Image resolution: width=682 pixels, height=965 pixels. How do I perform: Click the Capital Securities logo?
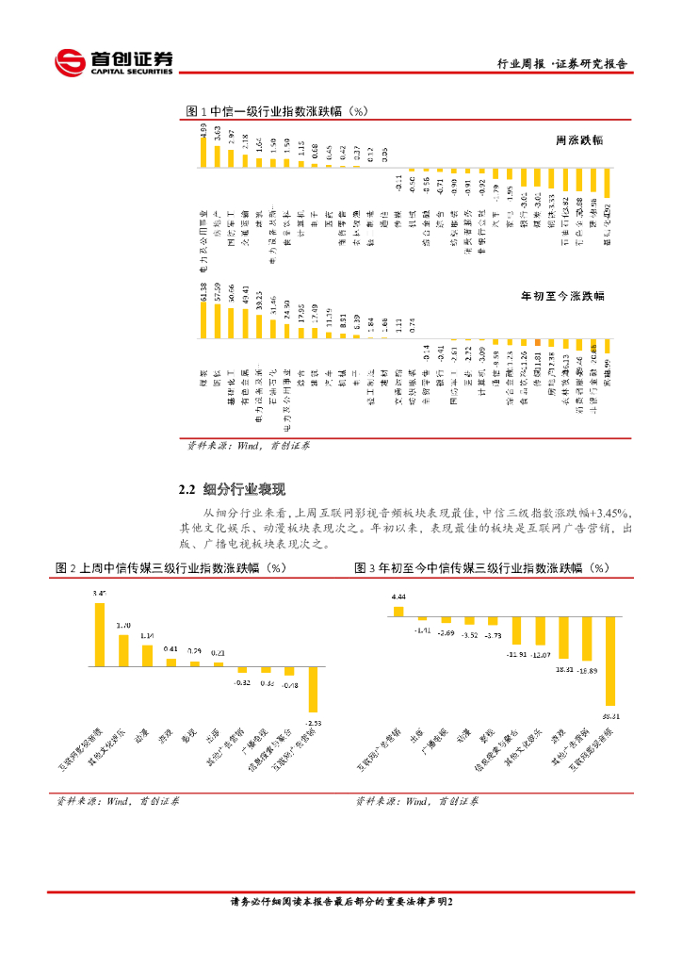coord(113,62)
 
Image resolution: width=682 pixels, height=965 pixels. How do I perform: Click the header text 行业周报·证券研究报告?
coord(561,64)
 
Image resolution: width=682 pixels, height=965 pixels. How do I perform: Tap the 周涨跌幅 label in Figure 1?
coord(579,139)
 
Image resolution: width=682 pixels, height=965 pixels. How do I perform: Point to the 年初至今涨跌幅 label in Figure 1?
coord(562,295)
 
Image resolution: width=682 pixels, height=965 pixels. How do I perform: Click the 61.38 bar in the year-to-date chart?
coord(203,320)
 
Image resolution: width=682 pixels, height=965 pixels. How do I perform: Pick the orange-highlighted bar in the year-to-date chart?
coord(538,342)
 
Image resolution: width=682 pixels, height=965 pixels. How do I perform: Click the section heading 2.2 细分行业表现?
coord(232,490)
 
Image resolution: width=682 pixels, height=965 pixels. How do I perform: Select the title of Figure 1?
coord(276,111)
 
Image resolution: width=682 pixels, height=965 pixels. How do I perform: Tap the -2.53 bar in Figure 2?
coord(313,689)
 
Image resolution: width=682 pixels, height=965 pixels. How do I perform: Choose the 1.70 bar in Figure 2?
coord(123,649)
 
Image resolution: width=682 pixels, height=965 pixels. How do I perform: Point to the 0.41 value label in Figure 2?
coord(170,648)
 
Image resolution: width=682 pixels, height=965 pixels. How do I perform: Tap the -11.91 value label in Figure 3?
coord(515,652)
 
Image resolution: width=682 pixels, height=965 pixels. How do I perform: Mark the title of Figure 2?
coord(170,568)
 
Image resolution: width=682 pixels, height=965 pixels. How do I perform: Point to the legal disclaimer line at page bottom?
coord(341,902)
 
